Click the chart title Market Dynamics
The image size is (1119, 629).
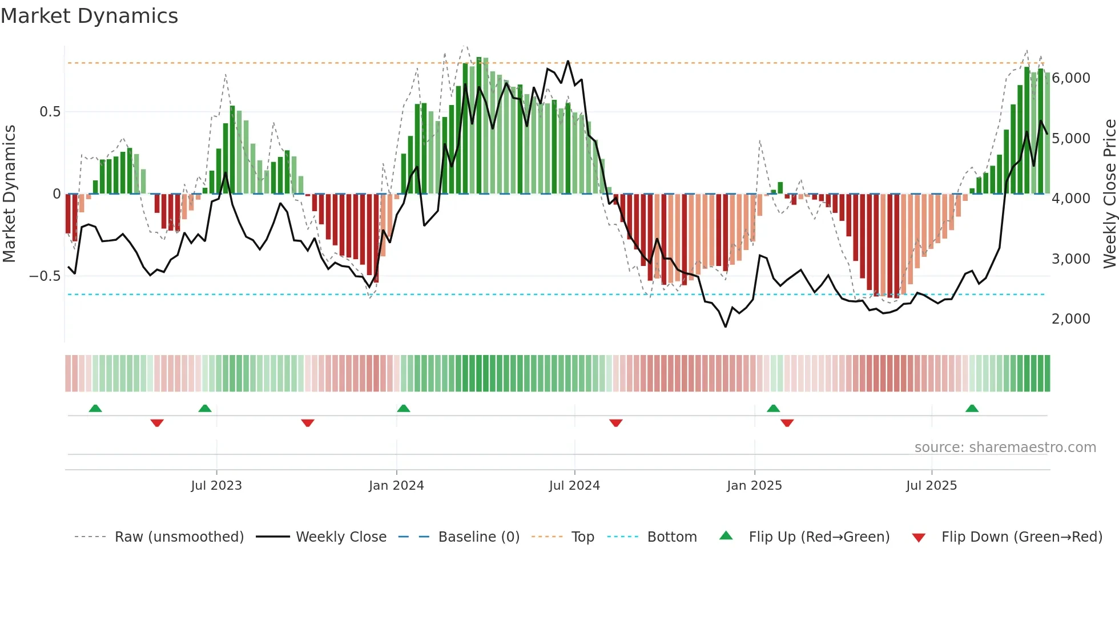[x=90, y=16]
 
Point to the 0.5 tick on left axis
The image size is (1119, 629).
[x=50, y=112]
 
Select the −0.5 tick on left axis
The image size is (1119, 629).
[x=45, y=276]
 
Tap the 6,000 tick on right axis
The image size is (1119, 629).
[x=1071, y=78]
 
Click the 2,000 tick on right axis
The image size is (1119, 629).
[x=1071, y=319]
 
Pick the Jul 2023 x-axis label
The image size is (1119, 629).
[x=216, y=486]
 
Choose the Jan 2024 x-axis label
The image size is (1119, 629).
[x=396, y=486]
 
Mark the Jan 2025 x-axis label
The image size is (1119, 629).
[x=754, y=486]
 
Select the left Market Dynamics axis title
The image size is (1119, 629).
[x=9, y=193]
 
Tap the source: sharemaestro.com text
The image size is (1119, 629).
[x=1005, y=447]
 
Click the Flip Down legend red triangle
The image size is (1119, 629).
[x=919, y=538]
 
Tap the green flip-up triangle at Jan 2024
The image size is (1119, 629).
[x=404, y=408]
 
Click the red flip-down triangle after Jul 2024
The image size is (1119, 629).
[x=615, y=423]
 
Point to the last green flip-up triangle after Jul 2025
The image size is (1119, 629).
[x=972, y=408]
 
